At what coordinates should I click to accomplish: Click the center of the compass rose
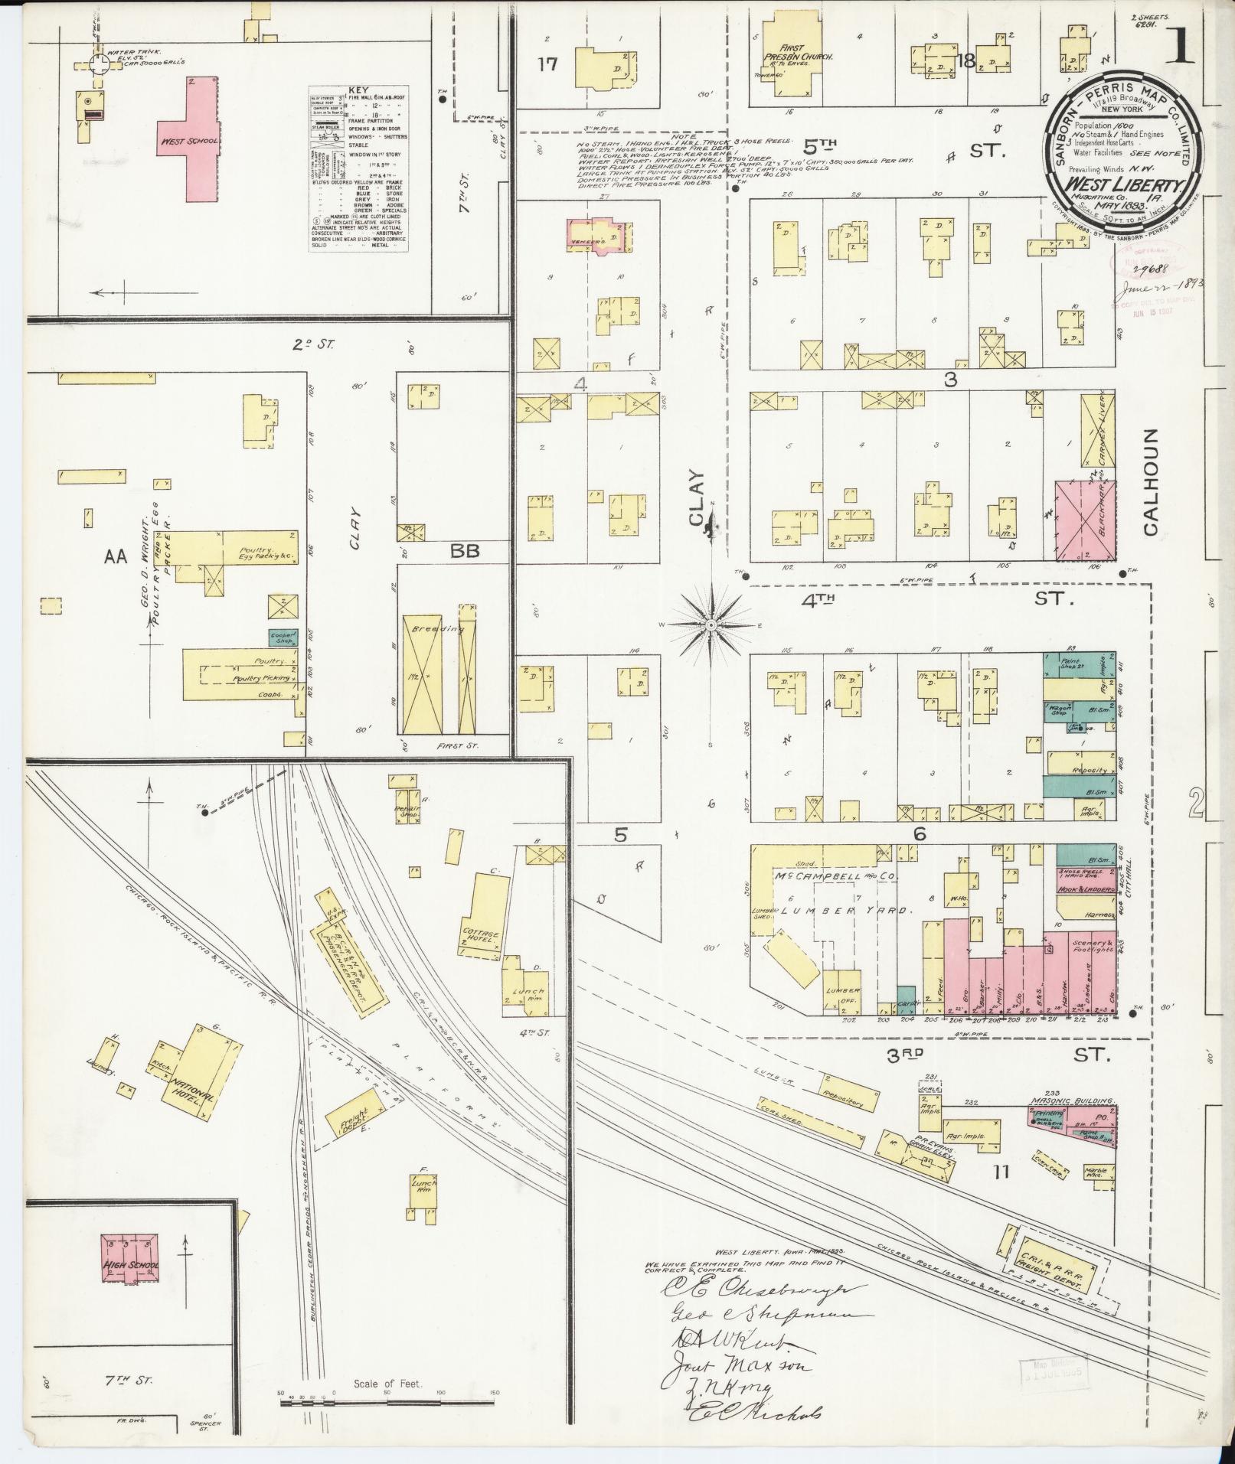pos(711,625)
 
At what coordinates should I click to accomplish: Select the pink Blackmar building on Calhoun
pos(1084,521)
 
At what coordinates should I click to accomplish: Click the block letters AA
pos(115,558)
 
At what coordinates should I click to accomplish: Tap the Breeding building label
pos(427,629)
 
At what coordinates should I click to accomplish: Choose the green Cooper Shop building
pos(283,635)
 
